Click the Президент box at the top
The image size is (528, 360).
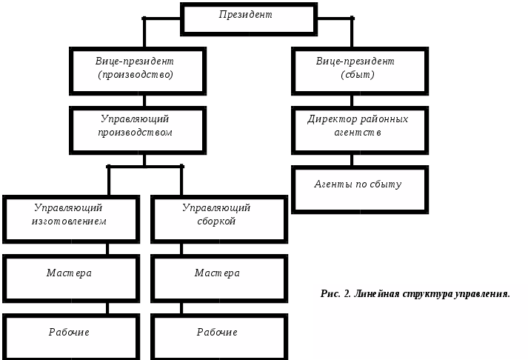pos(248,19)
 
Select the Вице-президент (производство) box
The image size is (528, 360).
pos(138,70)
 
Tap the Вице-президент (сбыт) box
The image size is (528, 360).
pos(359,70)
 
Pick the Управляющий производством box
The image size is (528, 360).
pos(138,130)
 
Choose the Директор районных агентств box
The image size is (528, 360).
pos(359,130)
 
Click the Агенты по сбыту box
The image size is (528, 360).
pos(359,190)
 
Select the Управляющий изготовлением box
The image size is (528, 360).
pos(70,219)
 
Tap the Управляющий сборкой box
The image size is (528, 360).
pos(218,219)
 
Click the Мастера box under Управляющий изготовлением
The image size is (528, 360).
pos(70,279)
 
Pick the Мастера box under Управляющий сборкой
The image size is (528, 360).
pos(218,279)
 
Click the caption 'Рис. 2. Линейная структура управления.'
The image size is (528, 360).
pos(415,294)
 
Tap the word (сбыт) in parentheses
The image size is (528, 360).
pos(358,75)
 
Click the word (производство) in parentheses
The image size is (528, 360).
pos(136,75)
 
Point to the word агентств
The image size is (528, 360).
pos(358,133)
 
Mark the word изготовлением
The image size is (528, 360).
pos(69,221)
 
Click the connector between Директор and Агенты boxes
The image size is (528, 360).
pos(352,159)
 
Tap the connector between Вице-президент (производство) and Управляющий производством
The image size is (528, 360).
pos(144,101)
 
